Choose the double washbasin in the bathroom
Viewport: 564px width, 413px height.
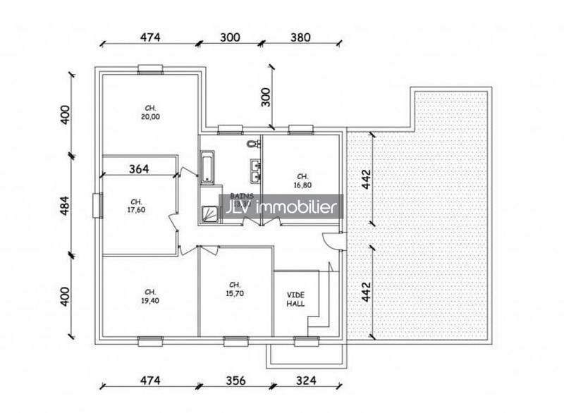point(255,168)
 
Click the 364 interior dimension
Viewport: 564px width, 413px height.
point(140,168)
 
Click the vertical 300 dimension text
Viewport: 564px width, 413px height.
point(266,97)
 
